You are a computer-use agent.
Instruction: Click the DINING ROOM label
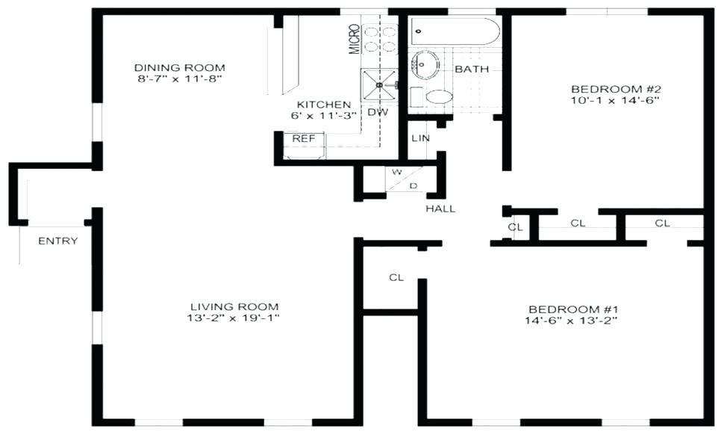(179, 67)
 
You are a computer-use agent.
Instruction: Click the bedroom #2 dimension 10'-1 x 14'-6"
(615, 99)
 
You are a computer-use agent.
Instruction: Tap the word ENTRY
(58, 241)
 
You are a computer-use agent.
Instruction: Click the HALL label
(440, 209)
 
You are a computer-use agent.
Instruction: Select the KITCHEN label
(323, 105)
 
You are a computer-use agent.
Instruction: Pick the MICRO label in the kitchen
(355, 39)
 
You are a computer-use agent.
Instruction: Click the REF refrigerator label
(303, 138)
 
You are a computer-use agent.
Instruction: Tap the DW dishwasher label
(376, 112)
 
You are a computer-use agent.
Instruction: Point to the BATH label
(472, 69)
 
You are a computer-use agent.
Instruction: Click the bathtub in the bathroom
(455, 32)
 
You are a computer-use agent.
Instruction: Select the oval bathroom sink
(426, 65)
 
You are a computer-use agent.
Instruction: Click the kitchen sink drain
(379, 85)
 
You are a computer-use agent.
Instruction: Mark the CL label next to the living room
(396, 277)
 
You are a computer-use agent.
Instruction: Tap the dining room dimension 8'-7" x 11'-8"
(179, 78)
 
